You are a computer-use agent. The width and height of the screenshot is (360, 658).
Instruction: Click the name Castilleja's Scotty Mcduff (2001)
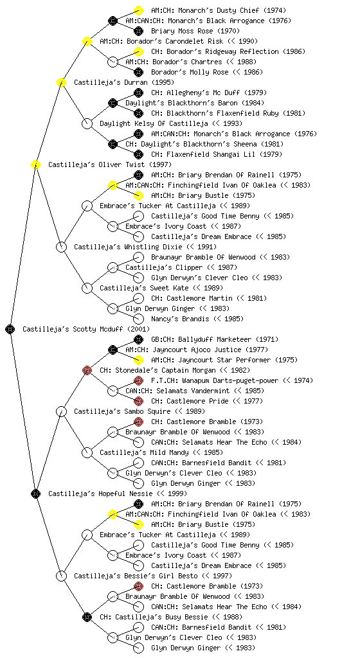86,329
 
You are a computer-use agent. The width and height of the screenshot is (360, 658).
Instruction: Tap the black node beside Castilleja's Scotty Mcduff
10,329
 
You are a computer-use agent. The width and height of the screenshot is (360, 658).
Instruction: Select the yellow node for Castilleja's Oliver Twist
35,164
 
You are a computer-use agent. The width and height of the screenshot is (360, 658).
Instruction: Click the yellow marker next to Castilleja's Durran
61,82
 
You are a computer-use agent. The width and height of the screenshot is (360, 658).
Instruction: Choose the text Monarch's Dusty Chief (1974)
217,10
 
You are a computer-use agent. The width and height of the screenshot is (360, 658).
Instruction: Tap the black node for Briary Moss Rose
138,31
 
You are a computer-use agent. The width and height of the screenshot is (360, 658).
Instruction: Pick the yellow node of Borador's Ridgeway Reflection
138,51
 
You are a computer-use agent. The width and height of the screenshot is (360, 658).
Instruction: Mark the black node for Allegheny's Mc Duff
138,93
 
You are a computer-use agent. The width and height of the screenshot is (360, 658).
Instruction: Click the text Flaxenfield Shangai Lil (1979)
224,154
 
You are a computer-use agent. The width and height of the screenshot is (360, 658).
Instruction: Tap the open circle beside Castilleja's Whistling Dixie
61,247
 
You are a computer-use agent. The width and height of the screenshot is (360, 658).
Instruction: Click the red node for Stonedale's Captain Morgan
87,370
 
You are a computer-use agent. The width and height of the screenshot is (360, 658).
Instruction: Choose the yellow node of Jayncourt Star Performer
138,360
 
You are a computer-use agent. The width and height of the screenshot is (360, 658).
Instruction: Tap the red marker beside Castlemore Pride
138,401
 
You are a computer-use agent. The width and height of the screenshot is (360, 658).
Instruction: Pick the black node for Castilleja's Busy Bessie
87,617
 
